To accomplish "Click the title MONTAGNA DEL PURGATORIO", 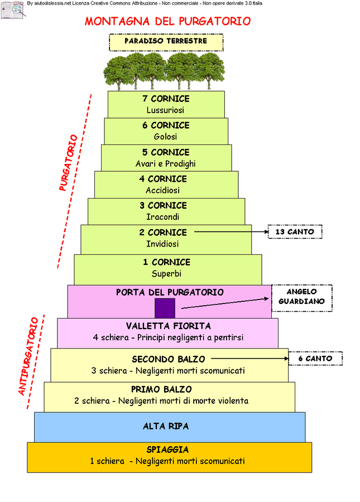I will pyautogui.click(x=167, y=22).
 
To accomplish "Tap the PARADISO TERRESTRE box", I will pyautogui.click(x=166, y=42).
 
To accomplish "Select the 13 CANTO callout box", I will pyautogui.click(x=295, y=231).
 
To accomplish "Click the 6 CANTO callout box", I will pyautogui.click(x=315, y=359).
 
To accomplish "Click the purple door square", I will pyautogui.click(x=165, y=308).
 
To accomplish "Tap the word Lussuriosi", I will pyautogui.click(x=165, y=110).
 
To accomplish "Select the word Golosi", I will pyautogui.click(x=165, y=137).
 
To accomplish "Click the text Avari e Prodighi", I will pyautogui.click(x=165, y=164).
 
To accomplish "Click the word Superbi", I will pyautogui.click(x=166, y=274).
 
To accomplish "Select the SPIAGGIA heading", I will pyautogui.click(x=167, y=450).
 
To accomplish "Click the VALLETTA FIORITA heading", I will pyautogui.click(x=168, y=326).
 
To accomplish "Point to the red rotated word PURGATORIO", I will pyautogui.click(x=68, y=162).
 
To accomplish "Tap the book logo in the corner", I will pyautogui.click(x=12, y=10).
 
